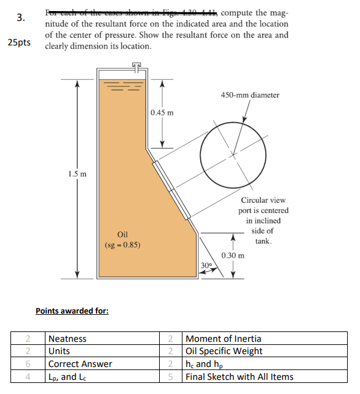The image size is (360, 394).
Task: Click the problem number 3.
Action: coord(20,18)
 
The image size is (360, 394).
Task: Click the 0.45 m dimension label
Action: coord(162,112)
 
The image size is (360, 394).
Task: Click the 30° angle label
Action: coord(206,265)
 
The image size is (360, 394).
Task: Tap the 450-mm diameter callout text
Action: coord(249,95)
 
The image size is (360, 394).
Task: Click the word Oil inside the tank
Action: coord(122,234)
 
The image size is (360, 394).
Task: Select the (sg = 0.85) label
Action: coord(122,245)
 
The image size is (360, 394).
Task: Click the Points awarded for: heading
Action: coord(72,311)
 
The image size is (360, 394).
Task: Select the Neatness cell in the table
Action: coord(67,339)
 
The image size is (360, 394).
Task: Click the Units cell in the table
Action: coord(59,351)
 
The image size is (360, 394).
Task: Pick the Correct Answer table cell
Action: coord(80,364)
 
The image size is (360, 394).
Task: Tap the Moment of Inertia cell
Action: coord(223,339)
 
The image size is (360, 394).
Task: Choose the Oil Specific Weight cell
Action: coord(224,351)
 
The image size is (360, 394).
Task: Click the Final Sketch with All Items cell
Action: coord(240,377)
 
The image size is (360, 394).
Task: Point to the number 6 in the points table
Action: coord(28,364)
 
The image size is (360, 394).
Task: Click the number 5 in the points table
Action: coord(171,377)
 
